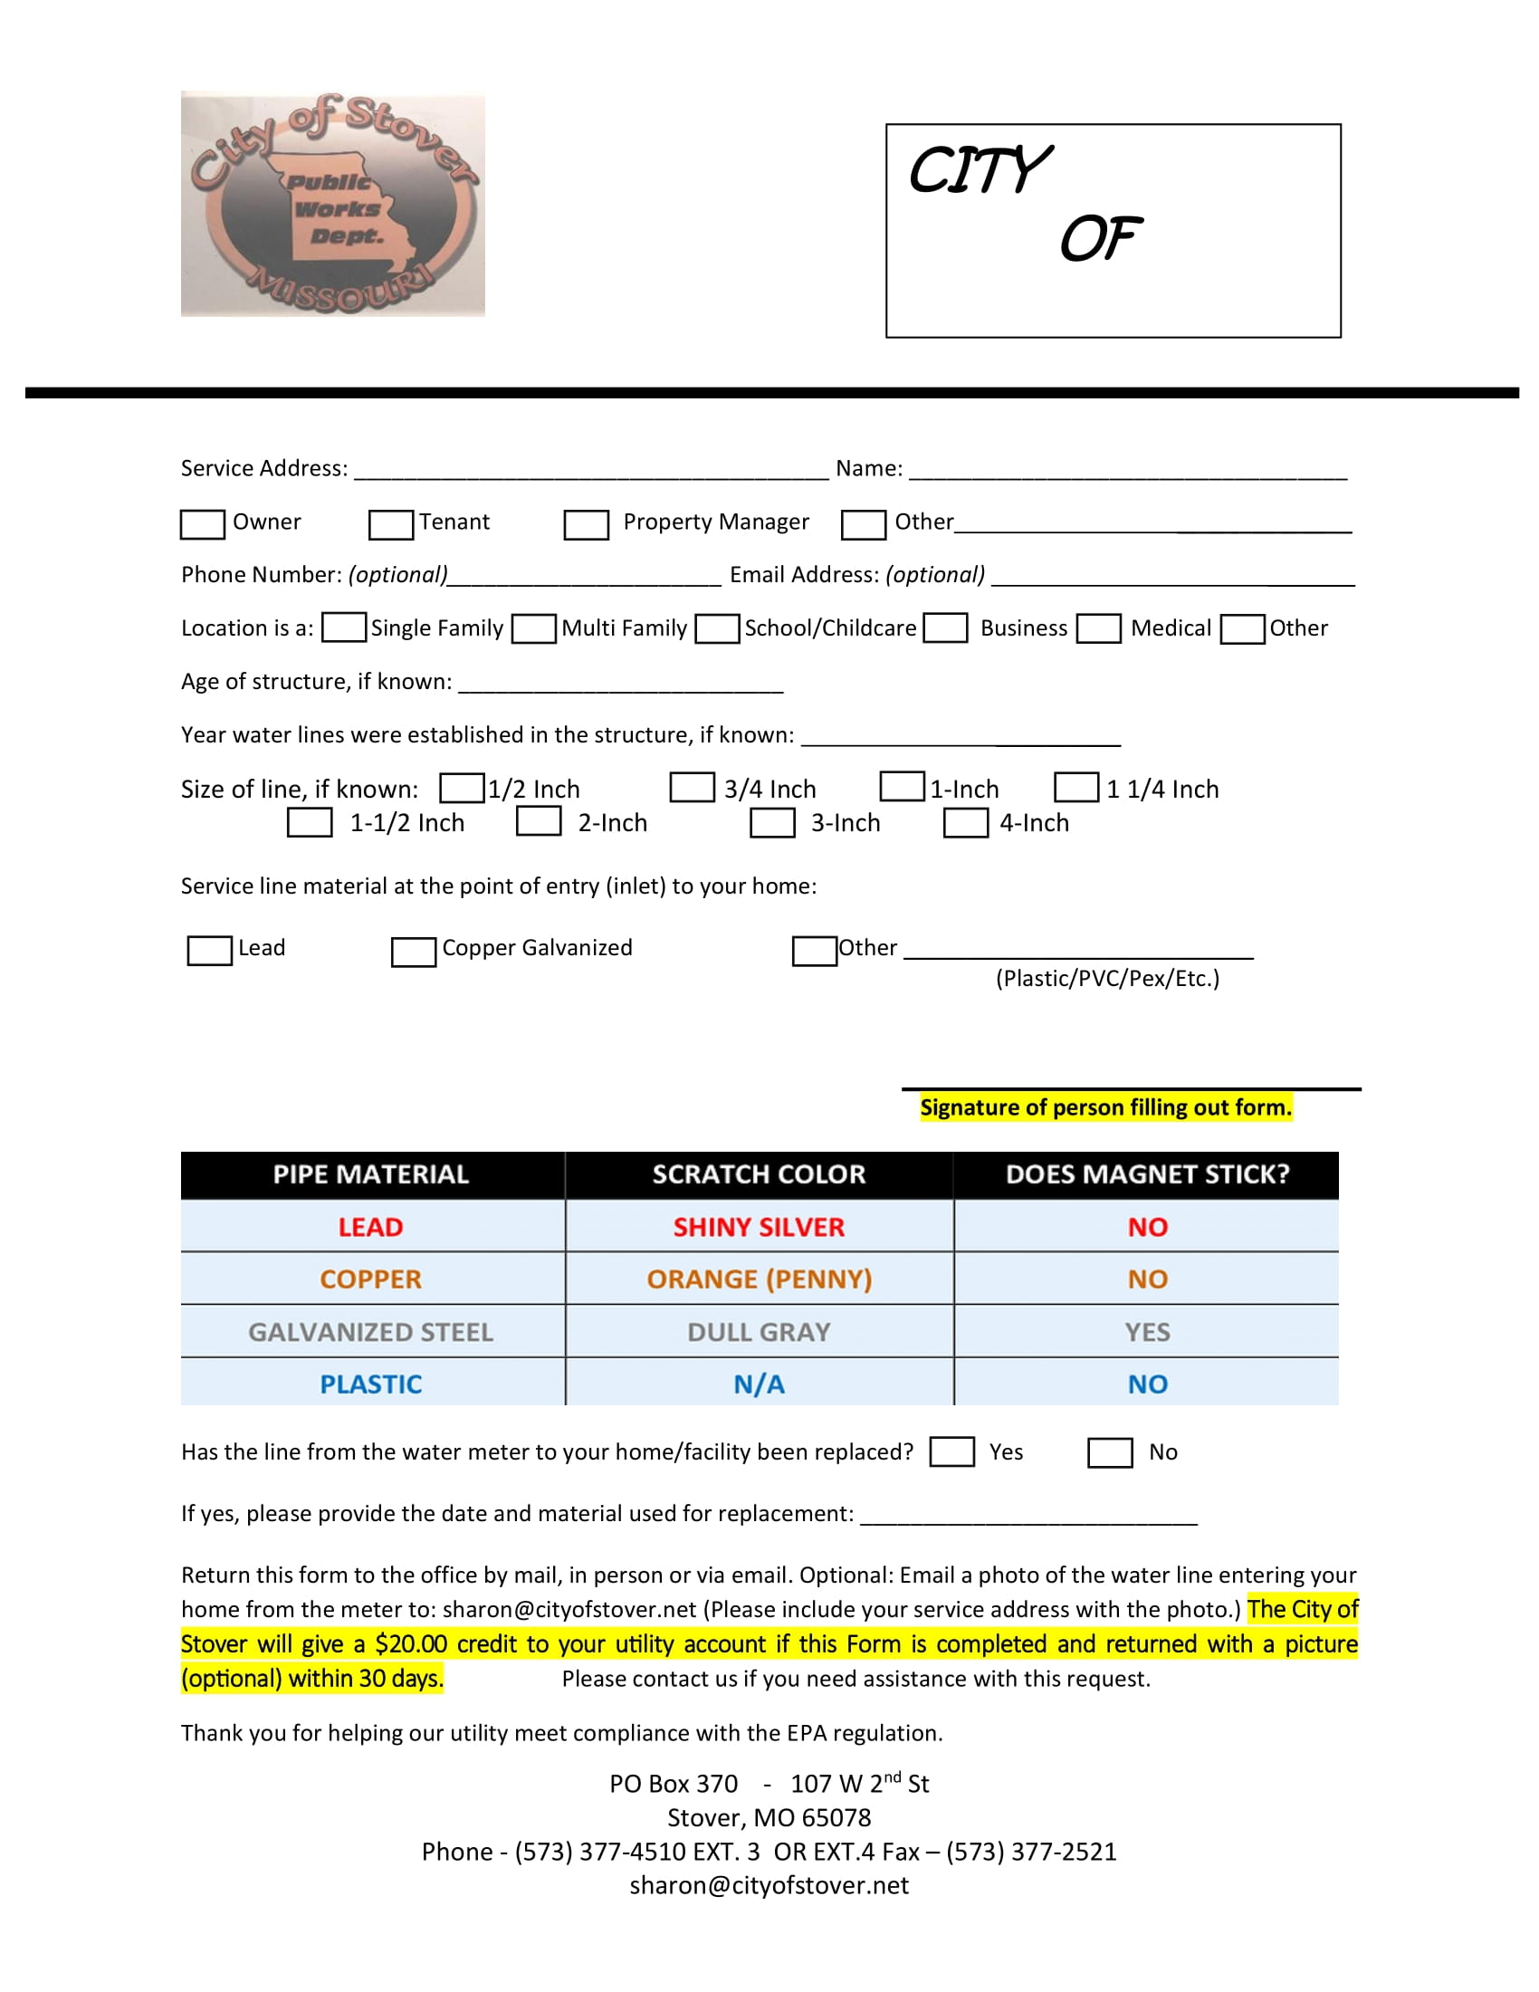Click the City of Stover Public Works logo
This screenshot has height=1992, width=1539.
click(x=333, y=205)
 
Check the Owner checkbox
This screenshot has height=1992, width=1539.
click(x=203, y=524)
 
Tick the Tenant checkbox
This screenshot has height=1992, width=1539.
click(x=390, y=524)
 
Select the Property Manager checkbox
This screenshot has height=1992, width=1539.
click(x=587, y=524)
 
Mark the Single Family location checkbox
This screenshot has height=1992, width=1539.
click(x=345, y=628)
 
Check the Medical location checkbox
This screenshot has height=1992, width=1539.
click(x=1099, y=629)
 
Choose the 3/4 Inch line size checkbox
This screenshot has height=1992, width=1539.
click(x=692, y=788)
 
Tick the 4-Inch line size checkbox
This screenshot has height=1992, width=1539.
click(x=966, y=823)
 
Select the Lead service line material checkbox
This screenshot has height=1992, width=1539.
click(x=210, y=951)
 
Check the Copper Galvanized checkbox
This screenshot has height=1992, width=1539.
click(x=414, y=952)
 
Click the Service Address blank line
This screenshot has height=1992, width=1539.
click(x=591, y=472)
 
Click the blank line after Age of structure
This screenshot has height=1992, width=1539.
click(x=620, y=684)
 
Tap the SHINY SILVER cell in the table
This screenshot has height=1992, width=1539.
click(x=759, y=1228)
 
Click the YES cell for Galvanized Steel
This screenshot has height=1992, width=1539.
click(x=1147, y=1333)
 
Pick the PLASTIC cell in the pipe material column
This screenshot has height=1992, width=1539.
click(x=371, y=1384)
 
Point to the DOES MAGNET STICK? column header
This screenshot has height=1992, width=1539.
click(x=1147, y=1174)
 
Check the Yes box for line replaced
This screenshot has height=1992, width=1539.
click(x=951, y=1452)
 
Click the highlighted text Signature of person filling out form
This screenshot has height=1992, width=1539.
click(x=1105, y=1107)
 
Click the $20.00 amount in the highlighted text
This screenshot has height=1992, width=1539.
click(x=411, y=1644)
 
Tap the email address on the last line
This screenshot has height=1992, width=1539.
click(x=769, y=1885)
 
